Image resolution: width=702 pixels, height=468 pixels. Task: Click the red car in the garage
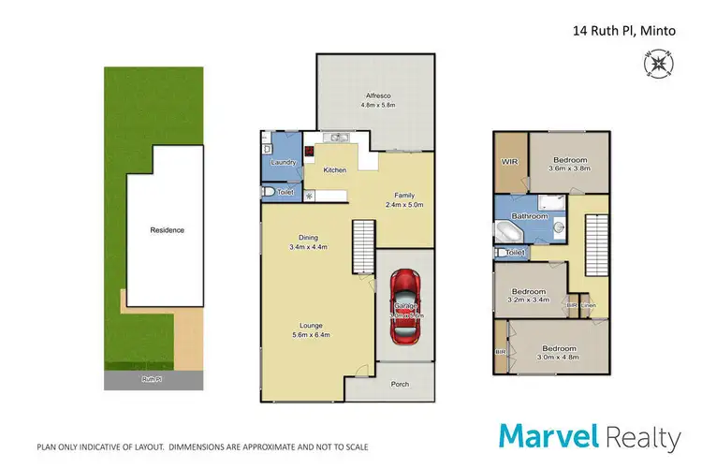click(404, 300)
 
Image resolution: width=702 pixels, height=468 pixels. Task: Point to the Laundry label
click(283, 163)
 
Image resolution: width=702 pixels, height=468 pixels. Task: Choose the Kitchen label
click(335, 170)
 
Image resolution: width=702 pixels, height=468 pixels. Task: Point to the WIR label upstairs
click(510, 161)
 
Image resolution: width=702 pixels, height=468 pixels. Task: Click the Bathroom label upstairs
click(529, 216)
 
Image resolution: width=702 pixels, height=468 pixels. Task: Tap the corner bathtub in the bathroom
click(510, 232)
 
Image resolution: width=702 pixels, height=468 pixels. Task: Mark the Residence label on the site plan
click(168, 229)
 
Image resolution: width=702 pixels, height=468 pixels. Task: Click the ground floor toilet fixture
click(271, 192)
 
